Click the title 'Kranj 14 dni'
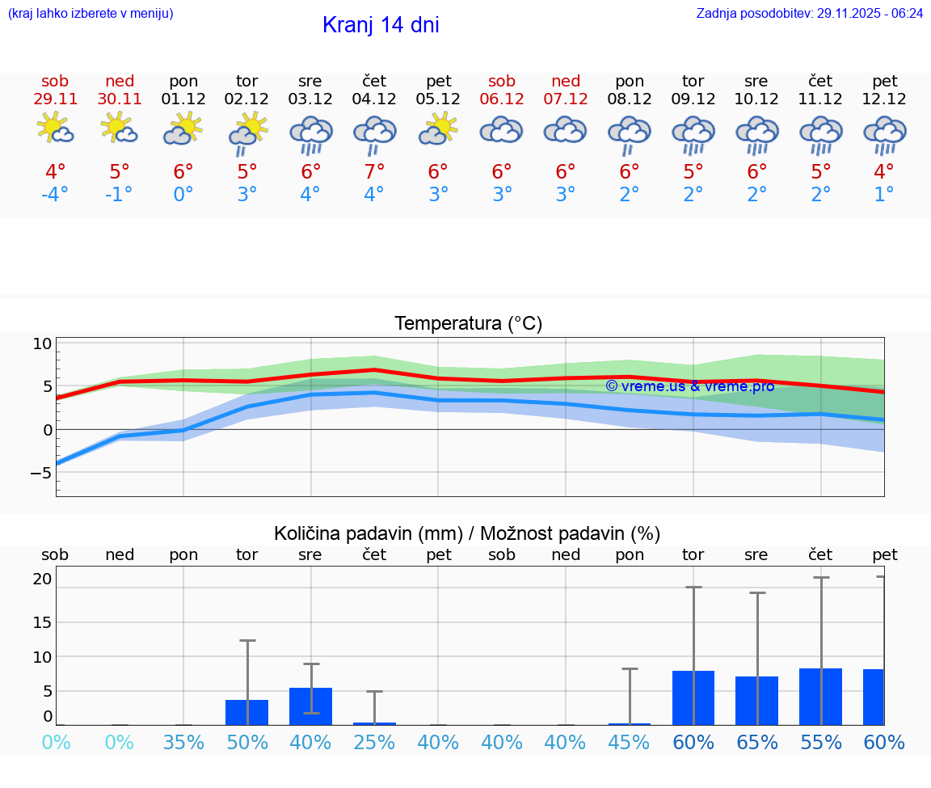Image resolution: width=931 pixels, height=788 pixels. [381, 25]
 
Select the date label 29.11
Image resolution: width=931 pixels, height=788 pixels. [55, 99]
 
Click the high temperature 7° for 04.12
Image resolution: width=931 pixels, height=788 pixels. [374, 172]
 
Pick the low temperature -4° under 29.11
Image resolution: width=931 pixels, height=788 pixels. [55, 195]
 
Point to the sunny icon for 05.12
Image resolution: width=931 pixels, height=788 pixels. [438, 129]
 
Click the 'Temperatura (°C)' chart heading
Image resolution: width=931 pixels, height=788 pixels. [468, 324]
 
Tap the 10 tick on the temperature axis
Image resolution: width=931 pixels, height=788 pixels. [42, 343]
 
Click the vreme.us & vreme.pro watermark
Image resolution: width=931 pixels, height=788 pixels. [690, 386]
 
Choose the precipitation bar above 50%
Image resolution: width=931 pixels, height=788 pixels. [247, 712]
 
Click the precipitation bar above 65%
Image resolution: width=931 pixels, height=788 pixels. [757, 701]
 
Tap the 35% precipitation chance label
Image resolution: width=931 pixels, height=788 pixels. [183, 743]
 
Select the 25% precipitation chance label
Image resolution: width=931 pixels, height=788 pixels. [374, 743]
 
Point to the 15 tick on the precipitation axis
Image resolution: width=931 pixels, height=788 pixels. [42, 622]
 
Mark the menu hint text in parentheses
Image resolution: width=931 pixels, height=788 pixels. [91, 14]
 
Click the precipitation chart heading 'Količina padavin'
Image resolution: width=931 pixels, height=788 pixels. [467, 533]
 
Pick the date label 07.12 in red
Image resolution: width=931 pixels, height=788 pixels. [566, 99]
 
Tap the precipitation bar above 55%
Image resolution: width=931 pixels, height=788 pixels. [821, 697]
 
